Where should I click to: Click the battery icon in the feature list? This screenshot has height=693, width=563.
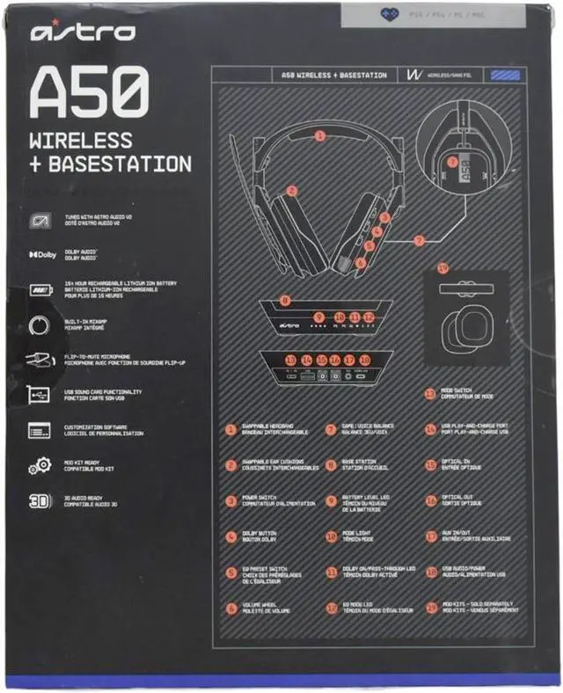coord(40,288)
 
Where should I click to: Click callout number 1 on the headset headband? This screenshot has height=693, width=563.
coord(320,136)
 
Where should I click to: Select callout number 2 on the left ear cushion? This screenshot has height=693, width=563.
coord(291,191)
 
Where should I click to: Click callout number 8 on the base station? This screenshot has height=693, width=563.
coord(285,301)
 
